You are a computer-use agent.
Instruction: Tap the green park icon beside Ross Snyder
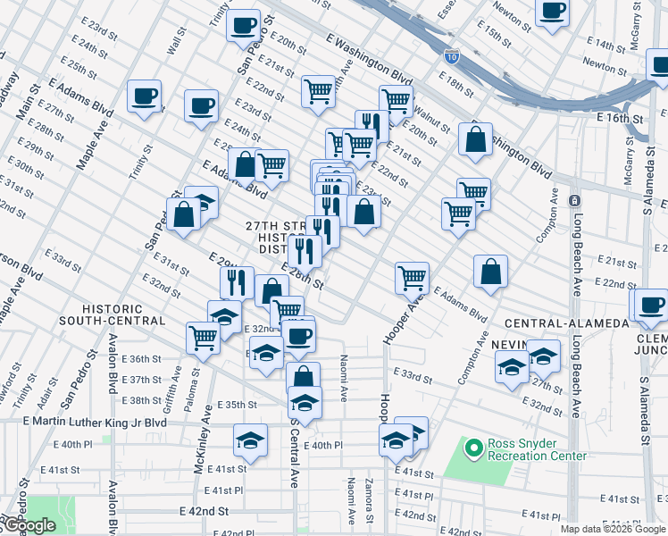(x=472, y=444)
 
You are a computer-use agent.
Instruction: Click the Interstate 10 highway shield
(x=453, y=55)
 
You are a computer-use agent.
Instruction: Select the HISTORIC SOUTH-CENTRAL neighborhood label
(x=113, y=314)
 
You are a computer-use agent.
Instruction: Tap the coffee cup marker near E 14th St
(x=553, y=11)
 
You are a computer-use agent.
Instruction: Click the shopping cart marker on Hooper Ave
(x=412, y=277)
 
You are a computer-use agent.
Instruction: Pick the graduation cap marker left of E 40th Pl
(x=251, y=440)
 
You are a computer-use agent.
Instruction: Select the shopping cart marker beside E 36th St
(x=204, y=338)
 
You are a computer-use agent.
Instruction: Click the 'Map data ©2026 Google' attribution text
(x=613, y=530)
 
